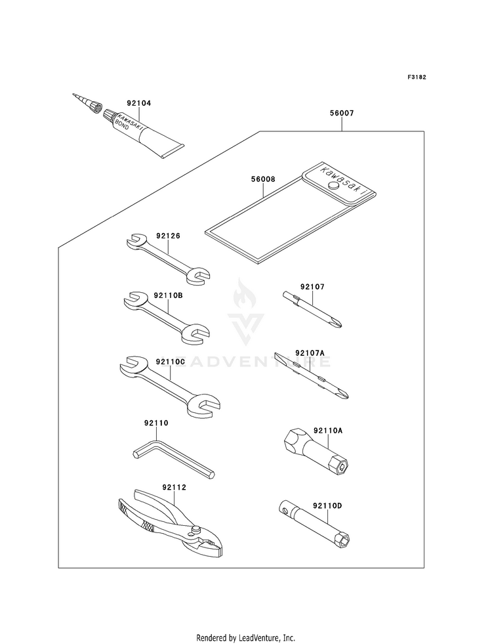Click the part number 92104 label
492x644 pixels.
tap(138, 103)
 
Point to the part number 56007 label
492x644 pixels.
tap(341, 113)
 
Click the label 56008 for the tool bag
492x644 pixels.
tap(263, 179)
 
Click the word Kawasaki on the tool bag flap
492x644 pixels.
tap(339, 179)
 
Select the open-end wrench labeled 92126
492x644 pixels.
tap(168, 259)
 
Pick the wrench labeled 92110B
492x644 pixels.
tap(167, 316)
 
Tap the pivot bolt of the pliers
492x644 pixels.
tap(196, 529)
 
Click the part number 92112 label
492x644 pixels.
tap(174, 488)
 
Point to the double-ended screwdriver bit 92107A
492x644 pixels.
tap(312, 376)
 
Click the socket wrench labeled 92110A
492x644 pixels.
tap(316, 452)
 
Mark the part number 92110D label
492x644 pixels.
tap(327, 505)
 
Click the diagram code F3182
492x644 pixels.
tap(417, 77)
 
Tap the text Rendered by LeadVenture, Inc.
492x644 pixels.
tap(245, 638)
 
